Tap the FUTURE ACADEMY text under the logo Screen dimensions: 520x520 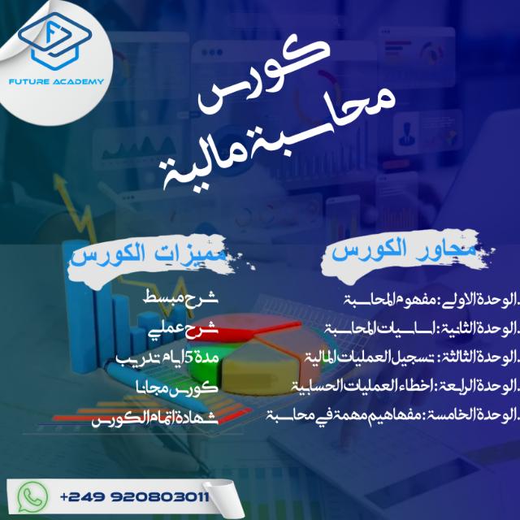point(56,81)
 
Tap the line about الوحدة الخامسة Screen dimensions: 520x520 point(392,415)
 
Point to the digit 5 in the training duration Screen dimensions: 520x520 point(190,359)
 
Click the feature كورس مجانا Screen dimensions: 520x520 point(177,387)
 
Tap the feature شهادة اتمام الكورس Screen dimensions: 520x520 point(155,416)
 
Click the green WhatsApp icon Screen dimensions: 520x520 point(32,496)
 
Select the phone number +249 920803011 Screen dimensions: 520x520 point(135,496)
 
